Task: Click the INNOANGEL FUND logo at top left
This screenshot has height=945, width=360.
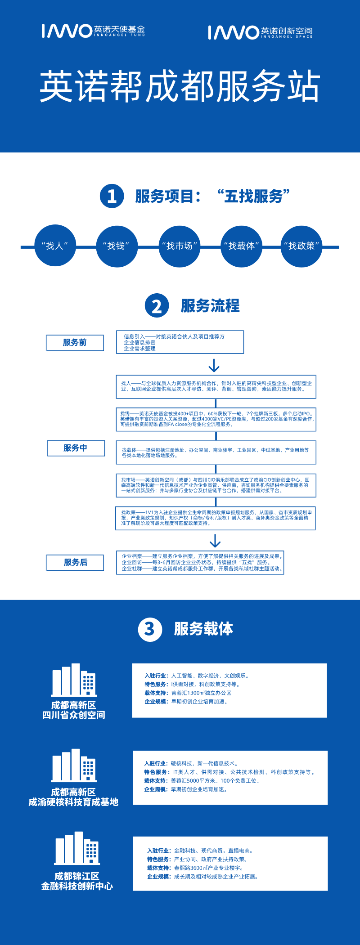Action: pyautogui.click(x=93, y=31)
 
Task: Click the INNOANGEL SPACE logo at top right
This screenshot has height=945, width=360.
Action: pyautogui.click(x=260, y=32)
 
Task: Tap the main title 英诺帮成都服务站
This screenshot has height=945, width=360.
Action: pyautogui.click(x=180, y=86)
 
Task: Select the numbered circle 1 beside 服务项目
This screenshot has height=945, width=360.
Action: pyautogui.click(x=112, y=196)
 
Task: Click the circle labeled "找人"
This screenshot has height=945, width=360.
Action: pyautogui.click(x=55, y=246)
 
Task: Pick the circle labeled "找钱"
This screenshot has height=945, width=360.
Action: pyautogui.click(x=117, y=246)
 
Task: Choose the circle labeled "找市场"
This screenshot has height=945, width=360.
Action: pyautogui.click(x=179, y=246)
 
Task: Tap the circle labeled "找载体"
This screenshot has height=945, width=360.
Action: pyautogui.click(x=241, y=246)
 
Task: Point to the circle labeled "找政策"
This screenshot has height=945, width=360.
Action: pyautogui.click(x=301, y=246)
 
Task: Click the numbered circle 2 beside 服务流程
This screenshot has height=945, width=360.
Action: pyautogui.click(x=157, y=306)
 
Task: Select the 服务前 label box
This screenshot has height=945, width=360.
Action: pyautogui.click(x=75, y=343)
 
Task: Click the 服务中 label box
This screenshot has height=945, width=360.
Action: pyautogui.click(x=76, y=448)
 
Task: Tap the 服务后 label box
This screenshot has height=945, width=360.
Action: pyautogui.click(x=75, y=562)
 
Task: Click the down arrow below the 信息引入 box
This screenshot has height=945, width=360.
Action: pyautogui.click(x=214, y=365)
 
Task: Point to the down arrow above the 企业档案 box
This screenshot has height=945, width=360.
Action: pyautogui.click(x=215, y=540)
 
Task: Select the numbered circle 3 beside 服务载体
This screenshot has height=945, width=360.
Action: pyautogui.click(x=149, y=629)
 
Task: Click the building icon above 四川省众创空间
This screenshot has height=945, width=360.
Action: pyautogui.click(x=74, y=680)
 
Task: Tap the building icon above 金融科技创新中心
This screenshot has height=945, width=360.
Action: pyautogui.click(x=77, y=848)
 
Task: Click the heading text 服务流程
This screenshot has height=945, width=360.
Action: pyautogui.click(x=210, y=306)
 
